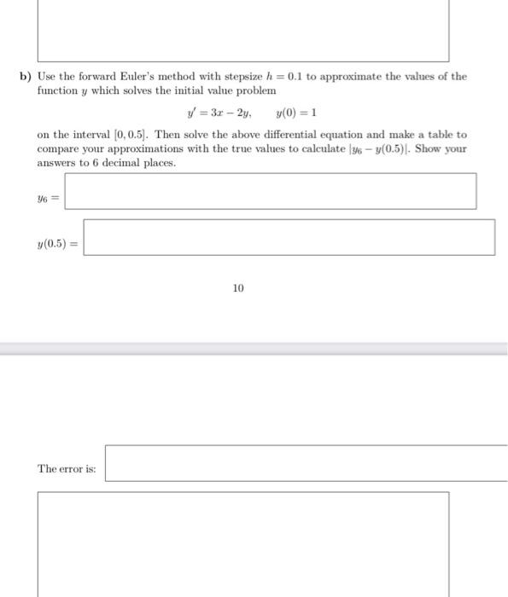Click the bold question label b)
point(26,77)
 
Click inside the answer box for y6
point(270,192)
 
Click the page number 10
point(237,289)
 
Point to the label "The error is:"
point(67,469)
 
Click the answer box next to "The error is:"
point(306,463)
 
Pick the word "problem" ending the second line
point(258,90)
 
